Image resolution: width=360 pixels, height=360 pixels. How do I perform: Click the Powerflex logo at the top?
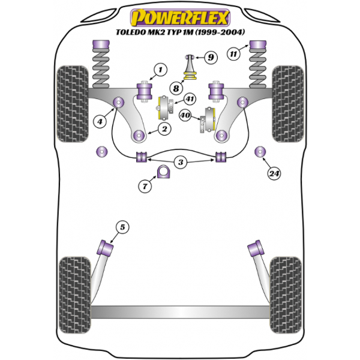180,17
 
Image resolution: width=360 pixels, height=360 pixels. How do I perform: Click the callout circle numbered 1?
160,70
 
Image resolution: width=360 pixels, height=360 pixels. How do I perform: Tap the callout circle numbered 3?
181,162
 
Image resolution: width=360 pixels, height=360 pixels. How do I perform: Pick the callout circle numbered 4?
100,121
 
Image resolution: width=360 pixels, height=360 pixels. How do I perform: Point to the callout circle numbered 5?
122,227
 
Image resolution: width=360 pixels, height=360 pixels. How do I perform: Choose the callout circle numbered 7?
145,186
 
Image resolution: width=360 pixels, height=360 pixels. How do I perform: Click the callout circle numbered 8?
176,88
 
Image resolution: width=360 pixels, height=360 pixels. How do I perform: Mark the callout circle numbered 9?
211,57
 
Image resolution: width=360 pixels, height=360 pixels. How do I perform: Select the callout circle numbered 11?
233,54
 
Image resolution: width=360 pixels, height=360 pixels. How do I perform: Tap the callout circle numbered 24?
274,173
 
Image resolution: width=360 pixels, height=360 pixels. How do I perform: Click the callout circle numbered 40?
185,115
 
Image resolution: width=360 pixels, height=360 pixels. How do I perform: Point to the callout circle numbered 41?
190,99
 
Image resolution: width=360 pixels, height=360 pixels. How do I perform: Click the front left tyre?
73,104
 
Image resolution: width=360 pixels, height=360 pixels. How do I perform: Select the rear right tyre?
286,295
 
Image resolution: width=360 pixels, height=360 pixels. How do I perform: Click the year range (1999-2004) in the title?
220,32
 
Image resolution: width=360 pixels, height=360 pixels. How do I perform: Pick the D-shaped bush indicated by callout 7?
164,172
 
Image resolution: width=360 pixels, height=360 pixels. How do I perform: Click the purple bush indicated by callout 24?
260,152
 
